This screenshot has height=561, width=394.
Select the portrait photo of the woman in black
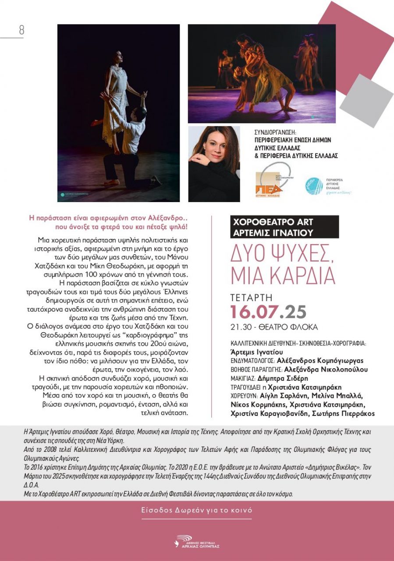point(214,164)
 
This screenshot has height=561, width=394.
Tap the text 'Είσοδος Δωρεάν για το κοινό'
point(196,510)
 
